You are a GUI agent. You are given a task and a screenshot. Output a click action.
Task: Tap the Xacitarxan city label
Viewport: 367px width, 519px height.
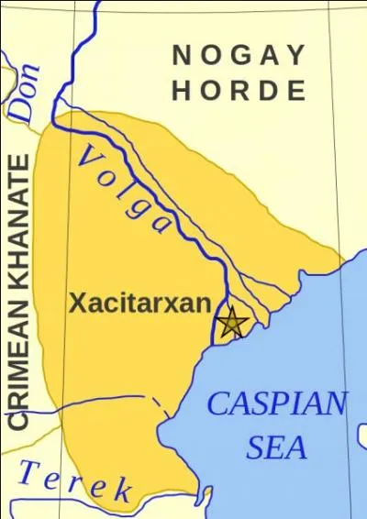(139, 304)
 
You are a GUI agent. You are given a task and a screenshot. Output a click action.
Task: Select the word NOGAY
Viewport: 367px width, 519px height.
(239, 56)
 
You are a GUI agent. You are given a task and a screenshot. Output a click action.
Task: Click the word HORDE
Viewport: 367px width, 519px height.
(239, 91)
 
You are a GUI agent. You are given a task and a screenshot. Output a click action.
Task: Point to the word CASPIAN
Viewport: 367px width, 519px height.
(277, 403)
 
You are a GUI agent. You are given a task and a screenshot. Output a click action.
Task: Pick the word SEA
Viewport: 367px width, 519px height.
(277, 447)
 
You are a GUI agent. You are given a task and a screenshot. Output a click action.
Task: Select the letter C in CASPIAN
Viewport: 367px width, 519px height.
(218, 403)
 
